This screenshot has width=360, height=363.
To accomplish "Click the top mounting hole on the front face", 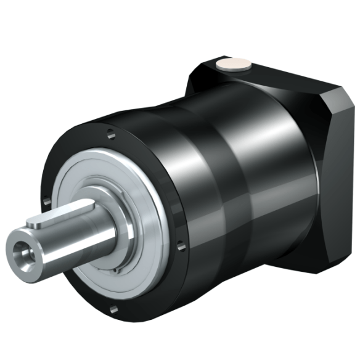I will [109, 131].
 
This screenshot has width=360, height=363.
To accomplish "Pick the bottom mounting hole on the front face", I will [113, 309].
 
